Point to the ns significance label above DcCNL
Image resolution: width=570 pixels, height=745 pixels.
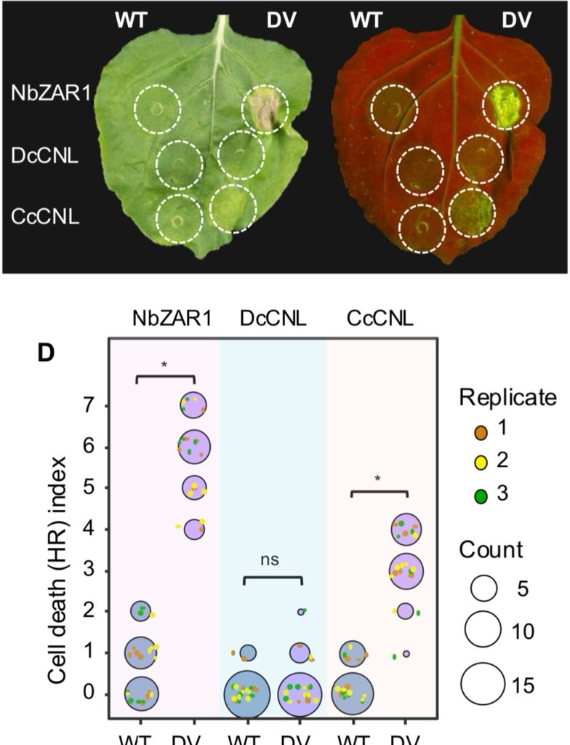click(270, 560)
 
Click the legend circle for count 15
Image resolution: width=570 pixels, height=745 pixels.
click(483, 685)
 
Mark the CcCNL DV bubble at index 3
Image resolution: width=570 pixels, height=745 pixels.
click(406, 570)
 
